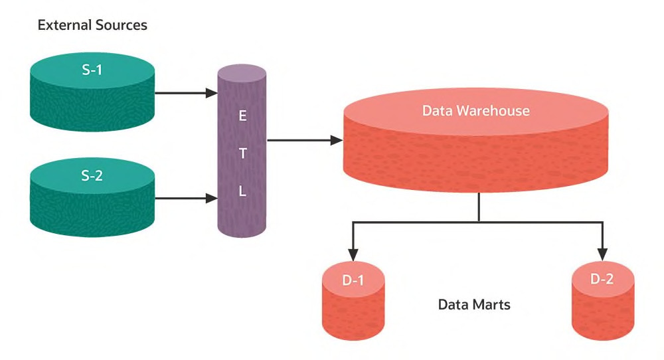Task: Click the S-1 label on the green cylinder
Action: [92, 68]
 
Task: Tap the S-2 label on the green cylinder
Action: [92, 176]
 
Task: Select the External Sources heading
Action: [92, 25]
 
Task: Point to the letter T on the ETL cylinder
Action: [242, 154]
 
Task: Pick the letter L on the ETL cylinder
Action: [242, 192]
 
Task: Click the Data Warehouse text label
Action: [475, 110]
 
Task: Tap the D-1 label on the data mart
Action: [353, 280]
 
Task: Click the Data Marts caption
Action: [474, 305]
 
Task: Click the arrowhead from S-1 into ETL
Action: [212, 93]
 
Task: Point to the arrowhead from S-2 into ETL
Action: [212, 198]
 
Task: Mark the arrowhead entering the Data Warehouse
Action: [337, 140]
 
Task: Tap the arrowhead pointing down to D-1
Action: [353, 254]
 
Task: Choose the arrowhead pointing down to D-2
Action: [602, 254]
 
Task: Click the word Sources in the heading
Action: [120, 25]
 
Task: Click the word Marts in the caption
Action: [493, 305]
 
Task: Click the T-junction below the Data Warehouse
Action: [478, 221]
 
